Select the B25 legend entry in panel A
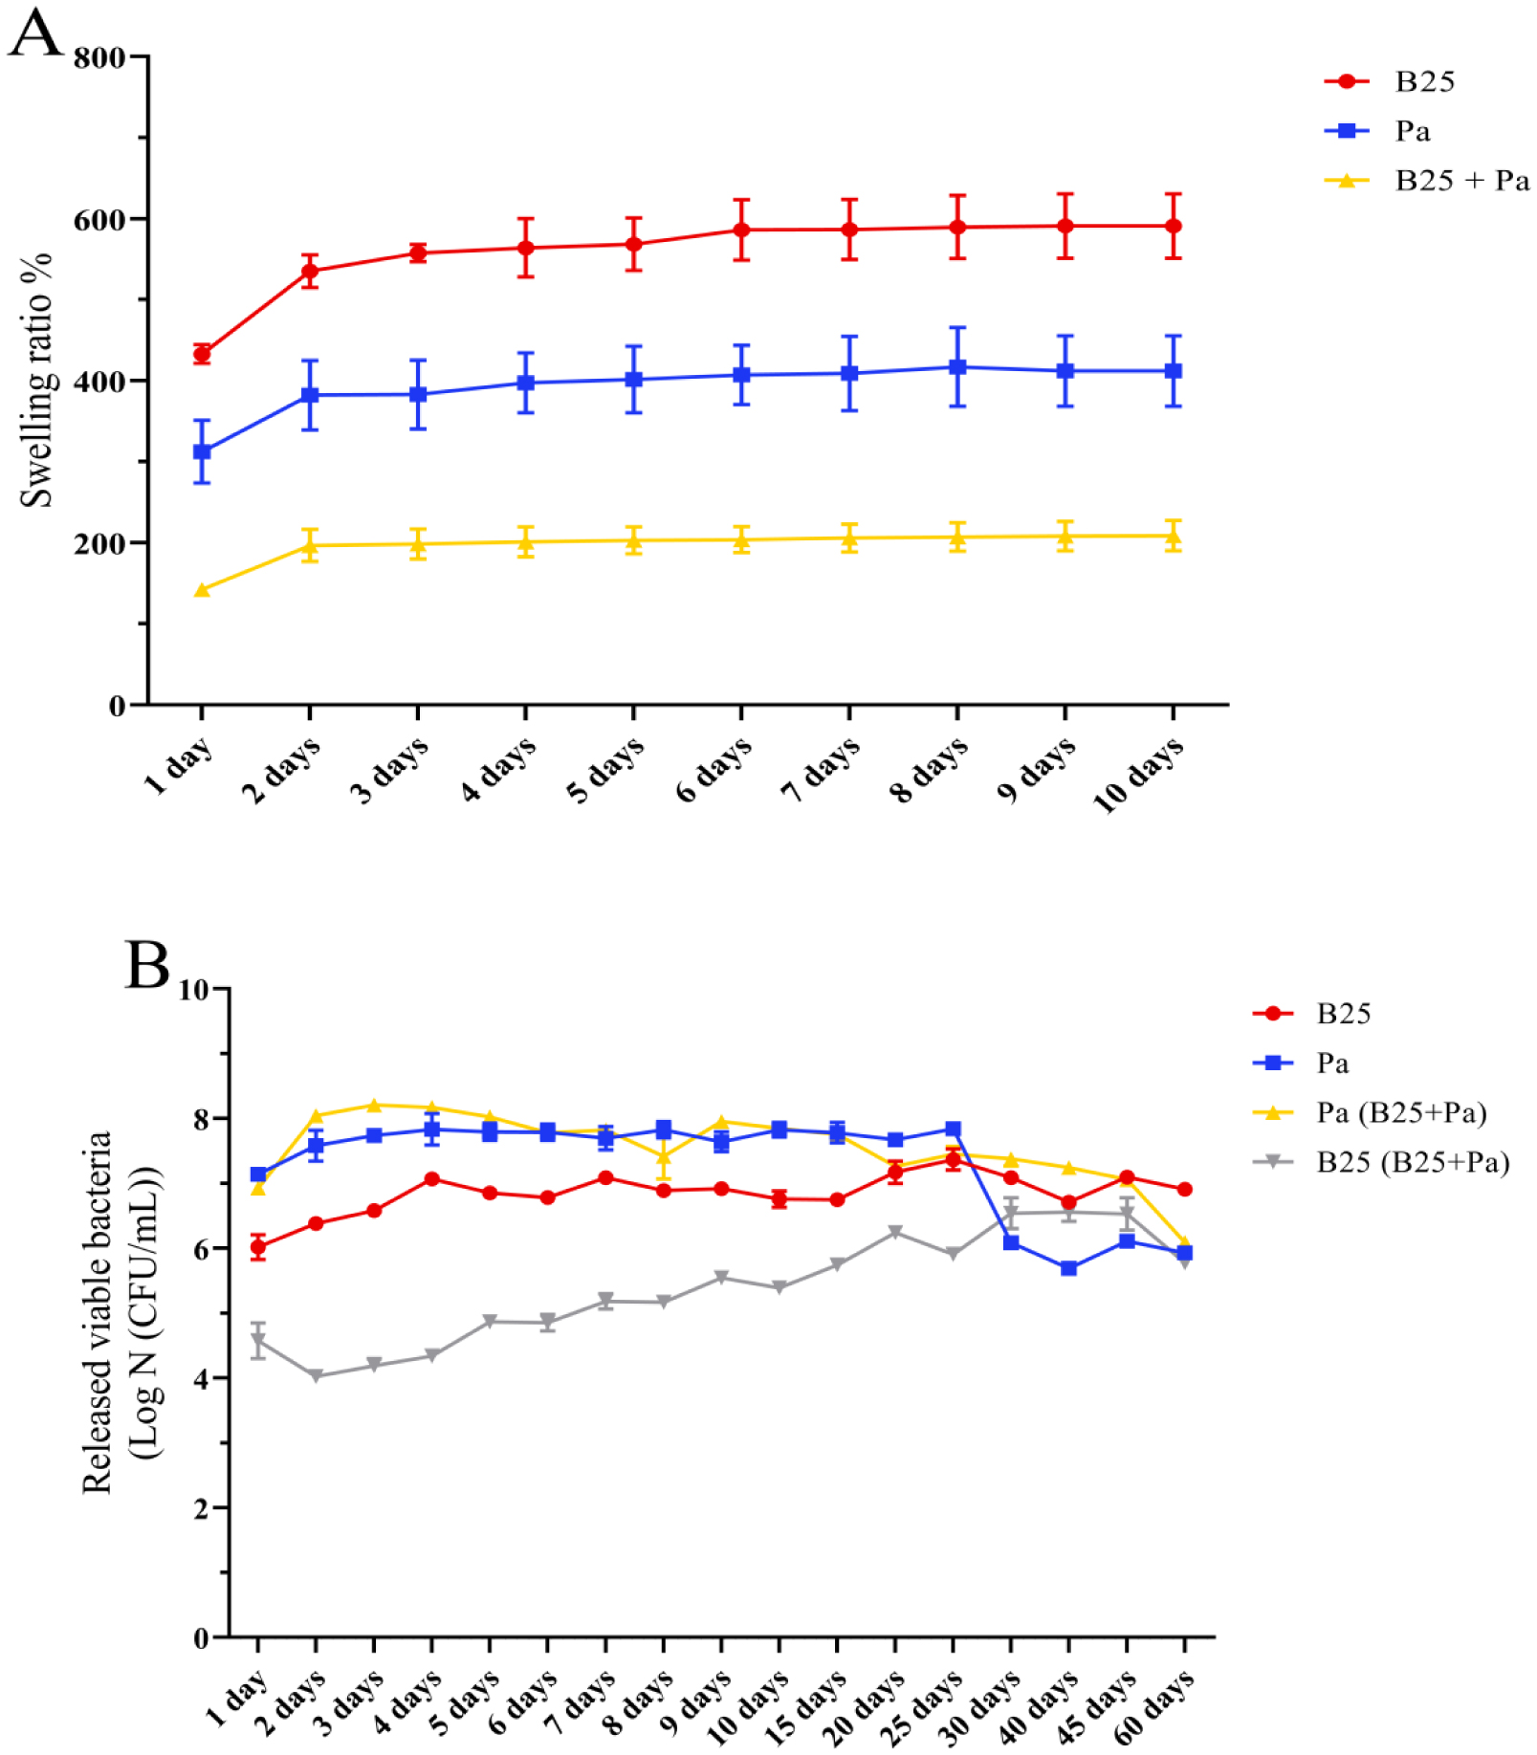(x=1424, y=81)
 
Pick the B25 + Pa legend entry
(x=1461, y=181)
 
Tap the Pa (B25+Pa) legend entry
(x=1401, y=1112)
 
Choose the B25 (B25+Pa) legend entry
(x=1412, y=1162)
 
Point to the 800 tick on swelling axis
(x=99, y=57)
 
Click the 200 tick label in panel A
(x=99, y=543)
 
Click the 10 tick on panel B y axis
(x=194, y=989)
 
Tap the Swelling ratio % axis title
(x=36, y=380)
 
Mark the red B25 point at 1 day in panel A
(x=202, y=355)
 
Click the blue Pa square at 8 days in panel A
(x=957, y=367)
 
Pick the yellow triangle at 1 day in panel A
(x=202, y=590)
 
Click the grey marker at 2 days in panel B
(x=316, y=1376)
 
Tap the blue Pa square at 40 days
(x=1068, y=1268)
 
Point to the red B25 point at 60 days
(x=1184, y=1189)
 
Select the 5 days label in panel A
(x=605, y=770)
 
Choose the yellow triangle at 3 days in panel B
(x=374, y=1105)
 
